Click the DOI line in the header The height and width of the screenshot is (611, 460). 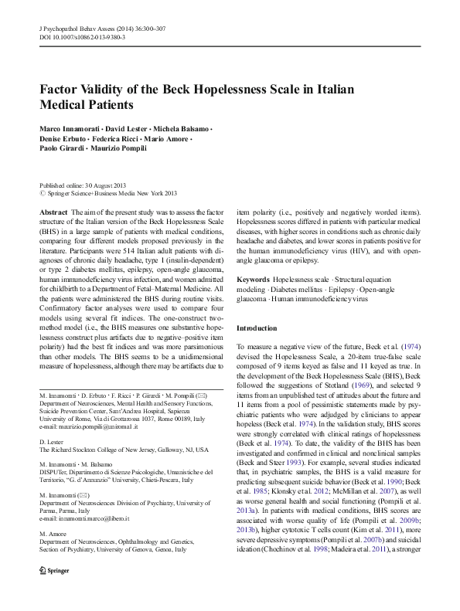[x=83, y=38]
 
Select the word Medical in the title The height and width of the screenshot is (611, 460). [x=68, y=104]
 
